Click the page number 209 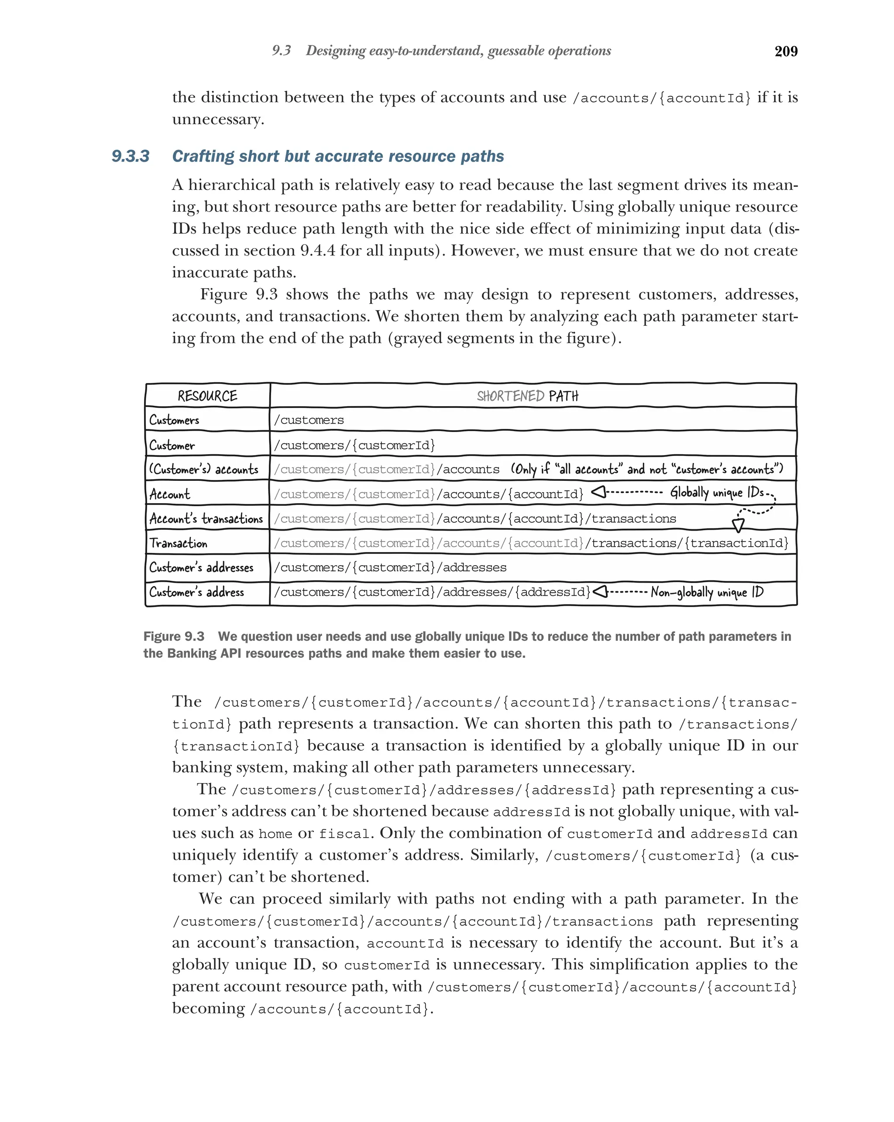pos(785,51)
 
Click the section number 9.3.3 pos(131,156)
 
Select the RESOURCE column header pos(207,396)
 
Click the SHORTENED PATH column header pos(527,396)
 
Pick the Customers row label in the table pos(174,420)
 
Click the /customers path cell pos(309,420)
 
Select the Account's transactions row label pos(206,519)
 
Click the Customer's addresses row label pos(201,567)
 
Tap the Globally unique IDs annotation pos(716,492)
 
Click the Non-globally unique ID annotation pos(707,592)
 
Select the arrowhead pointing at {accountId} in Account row pos(598,492)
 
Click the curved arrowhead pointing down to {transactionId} pos(737,525)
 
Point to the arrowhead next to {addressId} pos(600,592)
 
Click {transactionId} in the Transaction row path pos(736,543)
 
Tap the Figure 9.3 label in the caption pos(174,636)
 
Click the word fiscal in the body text pos(344,834)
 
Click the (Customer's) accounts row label pos(203,470)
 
